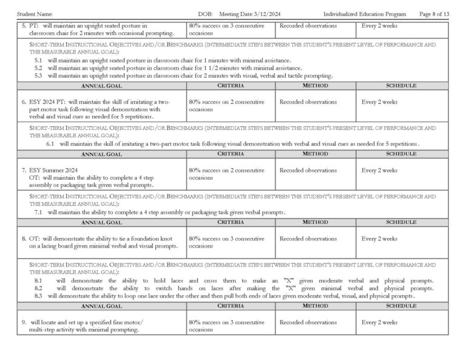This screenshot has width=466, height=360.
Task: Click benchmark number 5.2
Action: (38, 68)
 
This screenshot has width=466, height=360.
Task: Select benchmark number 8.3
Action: (38, 296)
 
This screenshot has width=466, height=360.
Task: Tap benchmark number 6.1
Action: (50, 144)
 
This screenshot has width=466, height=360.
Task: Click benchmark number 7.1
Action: (38, 212)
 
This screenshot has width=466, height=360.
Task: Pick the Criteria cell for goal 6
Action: (226, 106)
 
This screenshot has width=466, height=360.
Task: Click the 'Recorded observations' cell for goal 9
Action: (308, 322)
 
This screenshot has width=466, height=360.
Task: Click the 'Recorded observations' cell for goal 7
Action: (308, 171)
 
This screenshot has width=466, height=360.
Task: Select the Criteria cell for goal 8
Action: (226, 242)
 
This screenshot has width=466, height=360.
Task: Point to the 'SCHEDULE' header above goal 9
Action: (400, 306)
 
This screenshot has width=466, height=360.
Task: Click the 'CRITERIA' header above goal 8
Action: (230, 223)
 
